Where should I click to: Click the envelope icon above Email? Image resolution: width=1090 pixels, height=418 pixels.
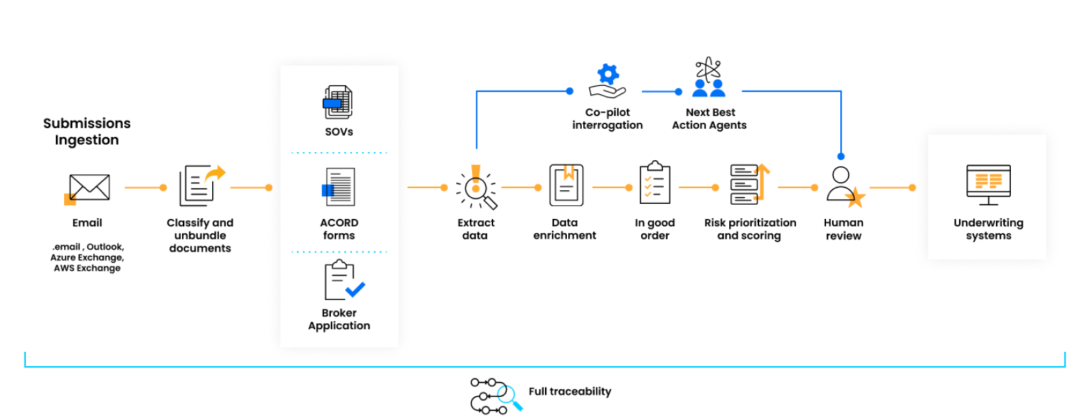pyautogui.click(x=89, y=187)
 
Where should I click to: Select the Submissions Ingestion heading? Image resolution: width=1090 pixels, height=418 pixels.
pyautogui.click(x=87, y=132)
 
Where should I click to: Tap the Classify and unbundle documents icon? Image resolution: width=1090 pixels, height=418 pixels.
pyautogui.click(x=201, y=185)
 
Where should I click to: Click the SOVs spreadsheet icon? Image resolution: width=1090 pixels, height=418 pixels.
pyautogui.click(x=338, y=102)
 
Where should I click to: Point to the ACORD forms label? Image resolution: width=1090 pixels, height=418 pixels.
pyautogui.click(x=339, y=229)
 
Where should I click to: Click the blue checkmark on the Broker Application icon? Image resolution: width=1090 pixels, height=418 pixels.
pyautogui.click(x=355, y=289)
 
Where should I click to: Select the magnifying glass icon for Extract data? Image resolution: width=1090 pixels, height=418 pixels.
pyautogui.click(x=476, y=188)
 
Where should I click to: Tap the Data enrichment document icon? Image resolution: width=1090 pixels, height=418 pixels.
pyautogui.click(x=566, y=185)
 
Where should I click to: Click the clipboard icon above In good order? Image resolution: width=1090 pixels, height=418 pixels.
pyautogui.click(x=655, y=183)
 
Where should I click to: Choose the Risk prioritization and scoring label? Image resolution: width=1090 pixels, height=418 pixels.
pyautogui.click(x=750, y=229)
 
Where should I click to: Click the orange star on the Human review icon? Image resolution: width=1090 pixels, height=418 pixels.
pyautogui.click(x=855, y=198)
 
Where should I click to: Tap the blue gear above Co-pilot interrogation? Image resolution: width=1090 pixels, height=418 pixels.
pyautogui.click(x=608, y=74)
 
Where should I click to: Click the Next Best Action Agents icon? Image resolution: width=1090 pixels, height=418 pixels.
pyautogui.click(x=709, y=78)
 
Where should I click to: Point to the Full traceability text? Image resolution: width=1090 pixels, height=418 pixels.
pyautogui.click(x=570, y=391)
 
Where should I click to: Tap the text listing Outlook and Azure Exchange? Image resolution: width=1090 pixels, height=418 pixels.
pyautogui.click(x=87, y=258)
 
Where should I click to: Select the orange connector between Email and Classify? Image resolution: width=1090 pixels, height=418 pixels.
pyautogui.click(x=145, y=188)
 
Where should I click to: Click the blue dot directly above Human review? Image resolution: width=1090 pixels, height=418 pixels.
pyautogui.click(x=840, y=156)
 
